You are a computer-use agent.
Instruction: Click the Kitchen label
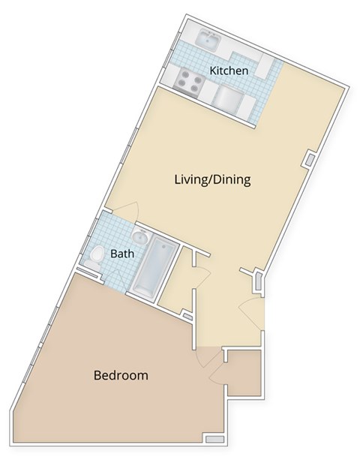pyautogui.click(x=229, y=71)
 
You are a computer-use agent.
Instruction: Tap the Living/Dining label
pyautogui.click(x=211, y=180)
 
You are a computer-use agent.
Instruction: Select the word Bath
pyautogui.click(x=122, y=254)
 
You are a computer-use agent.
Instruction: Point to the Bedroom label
pyautogui.click(x=120, y=375)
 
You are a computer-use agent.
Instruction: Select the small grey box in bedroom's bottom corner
pyautogui.click(x=214, y=438)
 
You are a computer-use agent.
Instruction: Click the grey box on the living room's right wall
pyautogui.click(x=309, y=161)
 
